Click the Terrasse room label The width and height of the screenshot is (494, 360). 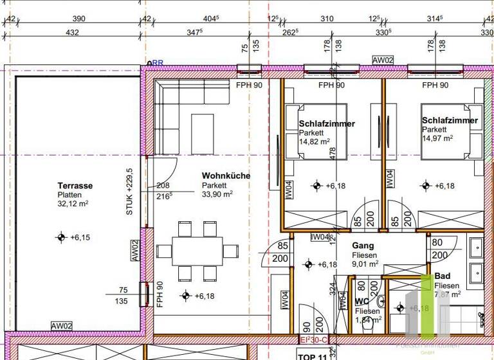pos(75,186)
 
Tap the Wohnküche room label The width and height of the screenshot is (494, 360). pos(226,175)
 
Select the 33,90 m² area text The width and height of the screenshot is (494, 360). pos(217,194)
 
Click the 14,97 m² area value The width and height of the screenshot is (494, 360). pos(437,138)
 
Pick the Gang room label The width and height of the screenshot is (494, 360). pos(363,246)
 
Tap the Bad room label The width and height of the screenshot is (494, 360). pos(443,276)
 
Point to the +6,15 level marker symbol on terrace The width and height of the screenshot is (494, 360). pos(61,237)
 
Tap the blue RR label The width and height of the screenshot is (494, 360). pos(157,63)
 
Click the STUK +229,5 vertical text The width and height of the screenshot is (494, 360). pos(129,192)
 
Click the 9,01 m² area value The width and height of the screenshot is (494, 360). pos(365,263)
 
